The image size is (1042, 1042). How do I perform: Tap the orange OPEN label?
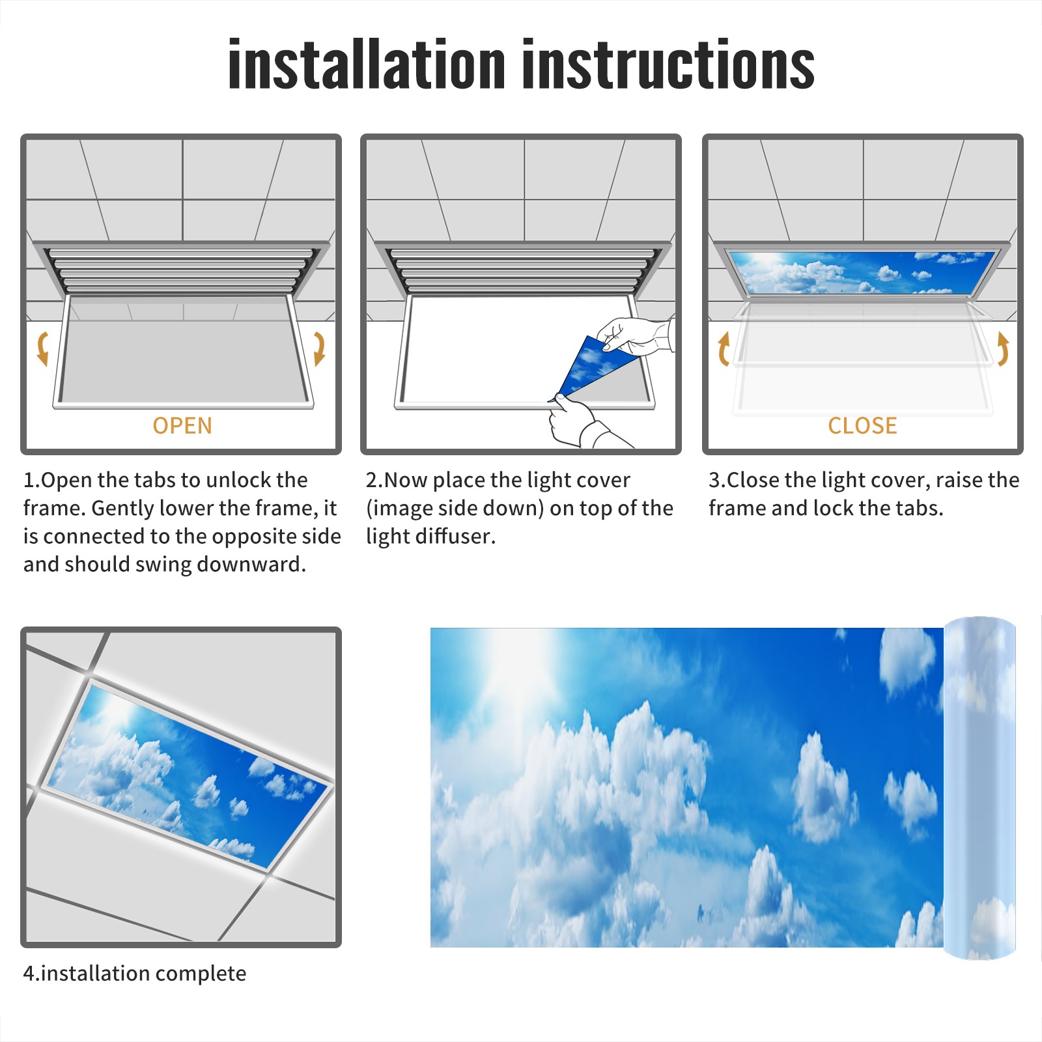[x=182, y=426]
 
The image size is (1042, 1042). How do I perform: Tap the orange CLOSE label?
[x=862, y=426]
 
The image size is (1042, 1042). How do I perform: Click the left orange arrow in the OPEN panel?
[x=42, y=348]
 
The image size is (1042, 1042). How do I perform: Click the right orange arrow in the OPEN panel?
[x=319, y=348]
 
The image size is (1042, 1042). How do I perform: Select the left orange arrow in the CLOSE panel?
[x=724, y=348]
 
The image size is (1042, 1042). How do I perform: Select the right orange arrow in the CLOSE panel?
[x=1003, y=348]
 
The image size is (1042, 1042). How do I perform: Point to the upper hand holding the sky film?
[x=635, y=335]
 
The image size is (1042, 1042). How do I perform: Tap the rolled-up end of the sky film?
[x=979, y=788]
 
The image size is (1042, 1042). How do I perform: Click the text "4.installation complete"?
[x=135, y=974]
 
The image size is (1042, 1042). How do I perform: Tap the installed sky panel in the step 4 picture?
[x=189, y=775]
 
